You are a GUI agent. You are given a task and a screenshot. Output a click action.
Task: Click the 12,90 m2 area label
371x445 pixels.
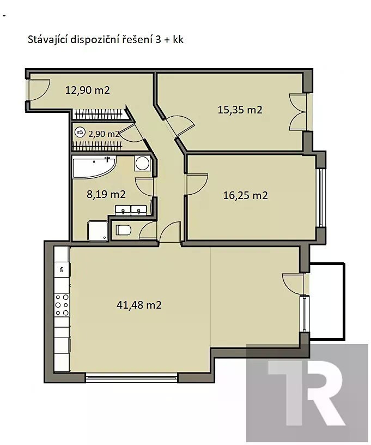tap(87, 90)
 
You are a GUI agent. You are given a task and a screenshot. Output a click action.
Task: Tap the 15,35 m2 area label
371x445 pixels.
tap(240, 110)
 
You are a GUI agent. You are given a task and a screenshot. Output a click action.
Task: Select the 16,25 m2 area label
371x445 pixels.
tap(246, 195)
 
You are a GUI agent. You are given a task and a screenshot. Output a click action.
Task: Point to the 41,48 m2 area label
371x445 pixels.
tap(139, 305)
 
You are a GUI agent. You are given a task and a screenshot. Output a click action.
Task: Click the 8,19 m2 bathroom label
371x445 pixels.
tap(106, 194)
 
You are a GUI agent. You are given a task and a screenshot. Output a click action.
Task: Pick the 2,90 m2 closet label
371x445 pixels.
tap(104, 134)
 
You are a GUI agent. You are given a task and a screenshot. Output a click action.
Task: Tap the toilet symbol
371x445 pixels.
tap(123, 230)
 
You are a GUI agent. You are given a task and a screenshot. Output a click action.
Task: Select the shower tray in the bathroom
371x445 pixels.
tap(98, 231)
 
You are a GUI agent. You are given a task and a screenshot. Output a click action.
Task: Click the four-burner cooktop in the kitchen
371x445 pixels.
tap(62, 305)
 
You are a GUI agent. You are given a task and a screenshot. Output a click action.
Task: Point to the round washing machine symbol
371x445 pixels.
tap(142, 163)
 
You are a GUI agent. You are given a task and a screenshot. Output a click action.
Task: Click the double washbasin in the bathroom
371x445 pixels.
tap(131, 211)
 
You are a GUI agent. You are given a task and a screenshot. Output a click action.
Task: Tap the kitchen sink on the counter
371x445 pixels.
tap(62, 269)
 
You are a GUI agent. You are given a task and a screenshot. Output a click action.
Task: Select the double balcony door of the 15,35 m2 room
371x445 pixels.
tap(298, 112)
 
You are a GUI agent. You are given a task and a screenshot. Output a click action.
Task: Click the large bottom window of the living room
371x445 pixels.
tap(131, 377)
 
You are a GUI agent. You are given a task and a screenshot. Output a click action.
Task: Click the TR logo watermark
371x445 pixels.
tap(307, 393)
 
